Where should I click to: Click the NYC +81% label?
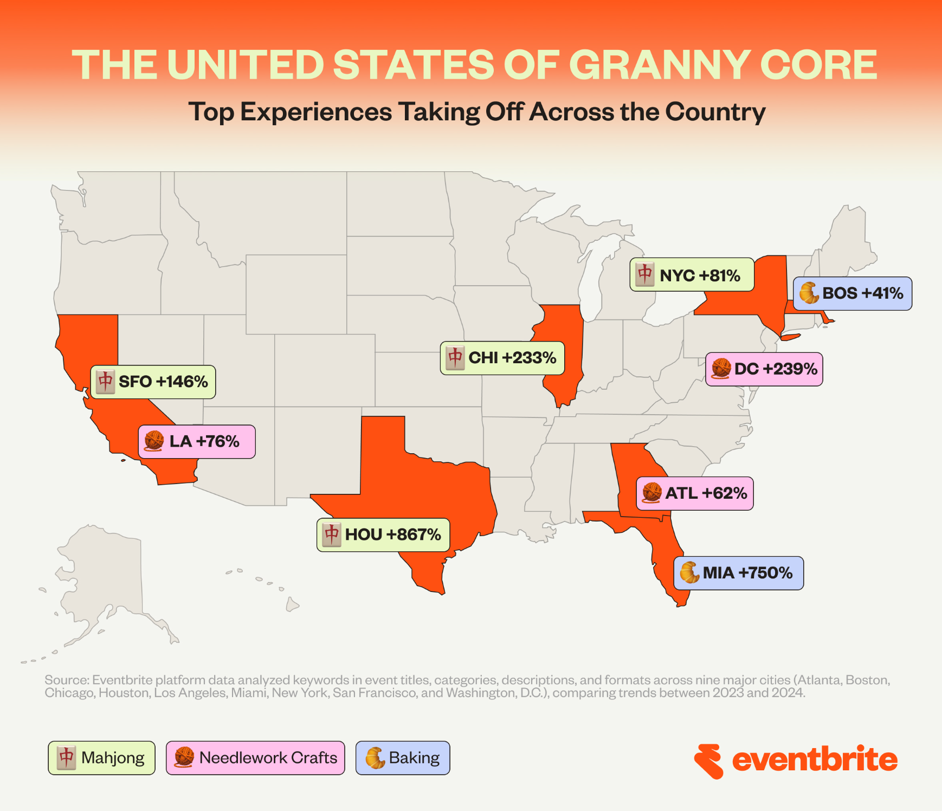coord(692,275)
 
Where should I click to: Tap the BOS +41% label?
coord(853,293)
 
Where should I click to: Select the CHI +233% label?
coord(502,358)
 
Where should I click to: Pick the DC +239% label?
coord(764,369)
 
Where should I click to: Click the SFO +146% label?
coord(153,382)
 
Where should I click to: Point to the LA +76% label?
coord(197,441)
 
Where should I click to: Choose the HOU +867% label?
coord(383,535)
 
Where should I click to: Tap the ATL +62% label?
coord(695,493)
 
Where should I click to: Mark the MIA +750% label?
coord(738,573)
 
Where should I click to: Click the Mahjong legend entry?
coord(101,758)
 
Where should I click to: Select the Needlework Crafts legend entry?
coord(255,758)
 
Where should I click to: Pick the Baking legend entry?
coord(403,758)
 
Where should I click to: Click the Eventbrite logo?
coord(796,760)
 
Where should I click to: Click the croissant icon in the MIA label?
coord(689,573)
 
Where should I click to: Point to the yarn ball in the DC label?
coord(721,369)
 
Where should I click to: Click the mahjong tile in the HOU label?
coord(332,535)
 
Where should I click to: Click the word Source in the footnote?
coord(66,680)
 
